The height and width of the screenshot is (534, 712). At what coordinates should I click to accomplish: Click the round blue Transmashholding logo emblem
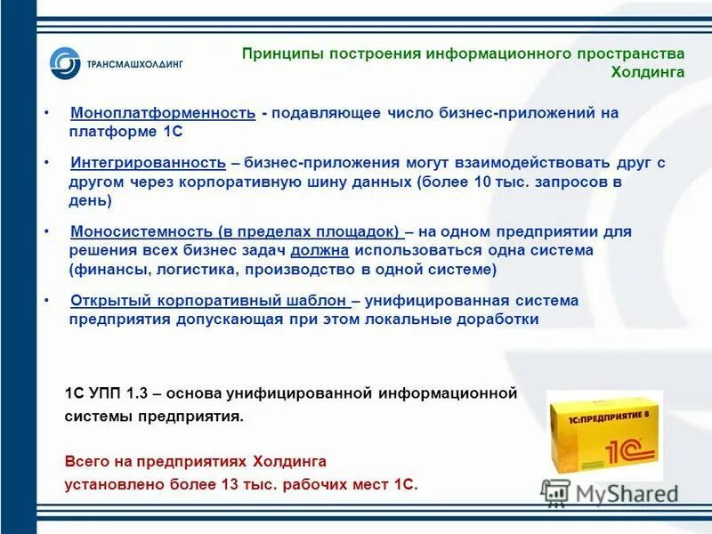(x=65, y=63)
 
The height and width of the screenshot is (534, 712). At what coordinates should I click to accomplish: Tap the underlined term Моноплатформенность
(x=163, y=113)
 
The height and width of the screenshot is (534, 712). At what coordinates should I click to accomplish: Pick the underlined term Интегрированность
(x=148, y=163)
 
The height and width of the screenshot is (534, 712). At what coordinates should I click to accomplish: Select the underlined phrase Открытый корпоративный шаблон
(x=209, y=300)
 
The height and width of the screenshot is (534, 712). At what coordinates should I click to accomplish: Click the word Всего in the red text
(x=86, y=462)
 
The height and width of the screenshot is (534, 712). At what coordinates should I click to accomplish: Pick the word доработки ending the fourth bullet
(x=500, y=319)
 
